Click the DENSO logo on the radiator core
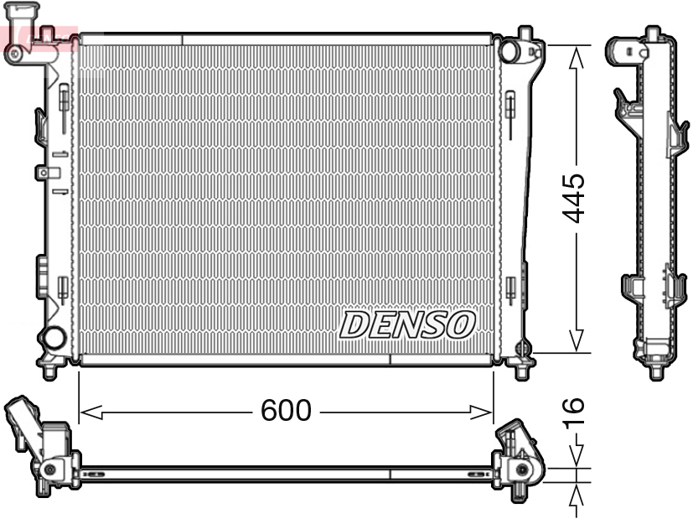click(407, 324)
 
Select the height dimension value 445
click(574, 199)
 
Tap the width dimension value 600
click(286, 411)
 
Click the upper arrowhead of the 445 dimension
click(575, 55)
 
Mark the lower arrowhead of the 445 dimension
click(575, 341)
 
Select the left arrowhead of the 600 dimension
click(91, 412)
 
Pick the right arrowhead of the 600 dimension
click(482, 412)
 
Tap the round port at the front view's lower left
click(54, 339)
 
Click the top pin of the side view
click(652, 34)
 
